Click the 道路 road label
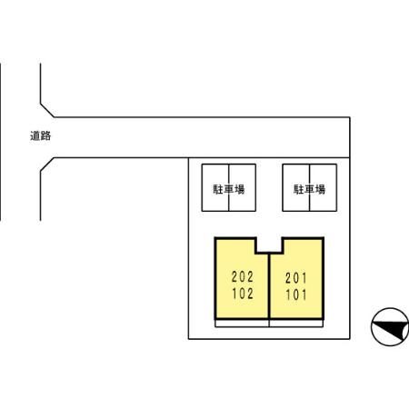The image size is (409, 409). coord(41,135)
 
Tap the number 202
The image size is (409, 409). coord(243,276)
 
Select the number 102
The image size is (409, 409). coord(243,294)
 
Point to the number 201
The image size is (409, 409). coord(296,278)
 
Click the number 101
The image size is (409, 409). coord(296,294)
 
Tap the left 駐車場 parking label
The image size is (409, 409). coord(229,189)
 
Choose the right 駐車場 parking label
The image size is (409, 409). coord(309,189)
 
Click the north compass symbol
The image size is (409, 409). coord(390,327)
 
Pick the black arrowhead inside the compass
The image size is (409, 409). coord(393,330)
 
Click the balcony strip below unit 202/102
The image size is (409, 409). coord(242,324)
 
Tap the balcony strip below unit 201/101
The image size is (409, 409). coord(296,324)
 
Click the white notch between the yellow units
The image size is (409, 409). coord(269,245)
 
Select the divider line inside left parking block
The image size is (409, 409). coord(229,187)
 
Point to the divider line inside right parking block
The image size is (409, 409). coord(309,187)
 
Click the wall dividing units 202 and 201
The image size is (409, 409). coord(269,286)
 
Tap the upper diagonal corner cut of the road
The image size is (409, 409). coord(47,110)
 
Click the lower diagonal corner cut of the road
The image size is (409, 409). coord(47,165)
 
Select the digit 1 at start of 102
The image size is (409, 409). coord(234,294)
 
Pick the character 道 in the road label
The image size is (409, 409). coord(35,135)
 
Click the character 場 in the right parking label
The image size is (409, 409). coord(321,189)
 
